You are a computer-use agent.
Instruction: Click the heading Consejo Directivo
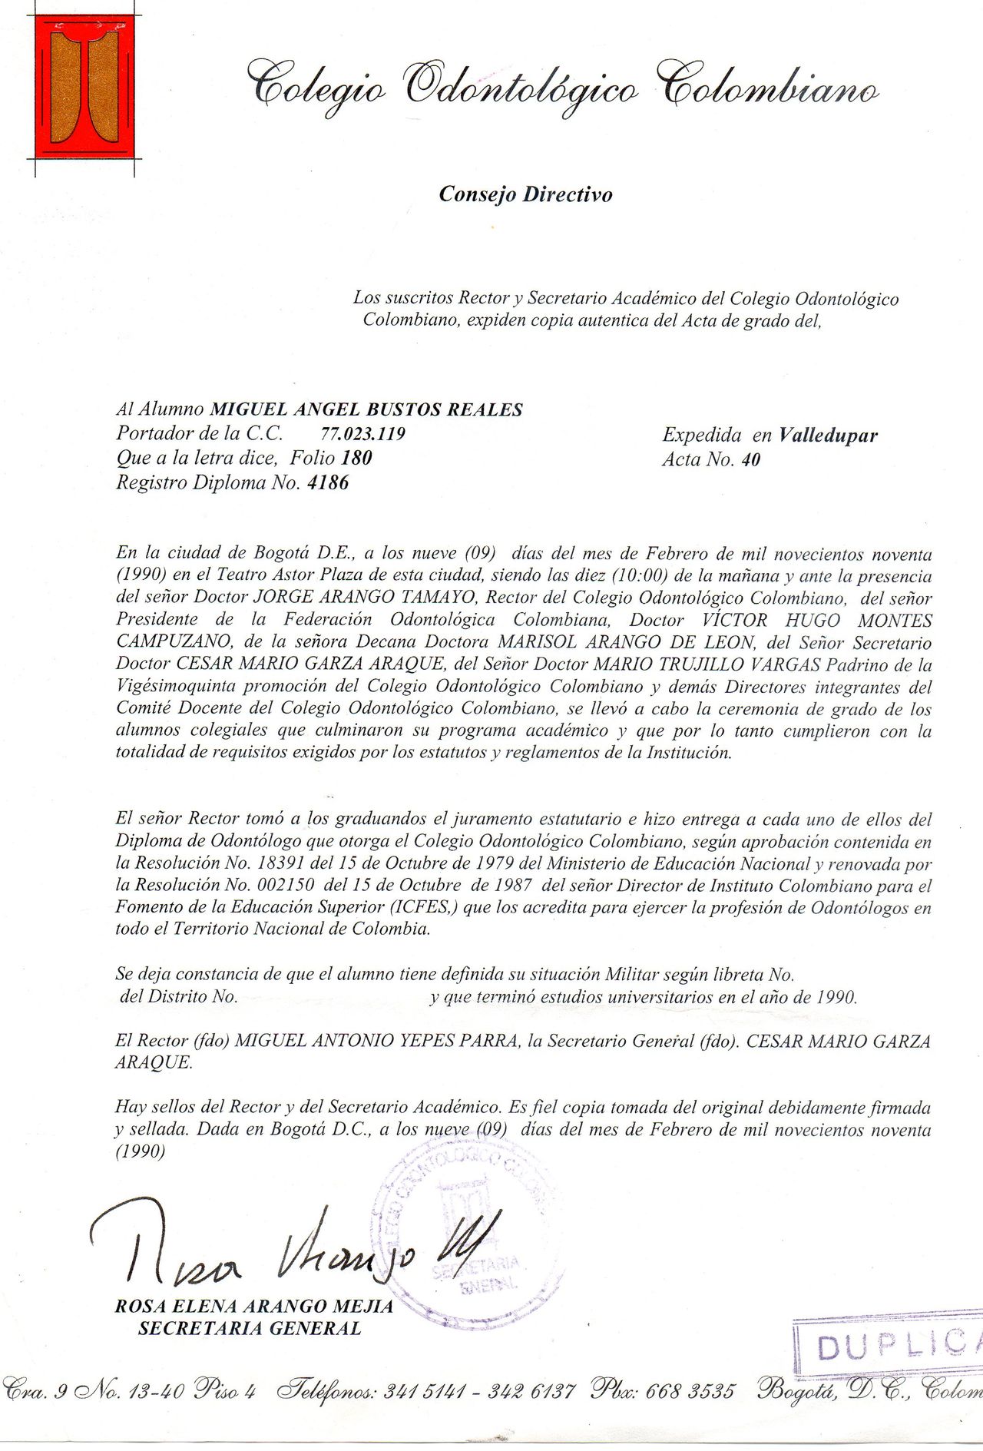coord(525,194)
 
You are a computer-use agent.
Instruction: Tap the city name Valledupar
coord(827,436)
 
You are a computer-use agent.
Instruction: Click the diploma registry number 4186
coord(327,484)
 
